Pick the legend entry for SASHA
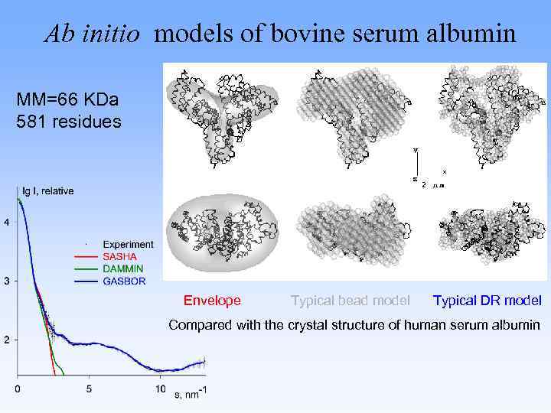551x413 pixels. tap(119, 257)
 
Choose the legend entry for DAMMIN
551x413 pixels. tap(122, 269)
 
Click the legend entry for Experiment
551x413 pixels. tap(128, 245)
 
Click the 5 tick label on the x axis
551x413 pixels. tap(89, 389)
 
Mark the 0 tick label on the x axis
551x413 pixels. tap(18, 389)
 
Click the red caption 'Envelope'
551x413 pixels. tap(212, 301)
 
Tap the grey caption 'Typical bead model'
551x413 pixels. tap(350, 301)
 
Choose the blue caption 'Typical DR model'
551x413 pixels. tap(487, 301)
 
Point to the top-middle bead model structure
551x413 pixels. tap(352, 115)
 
